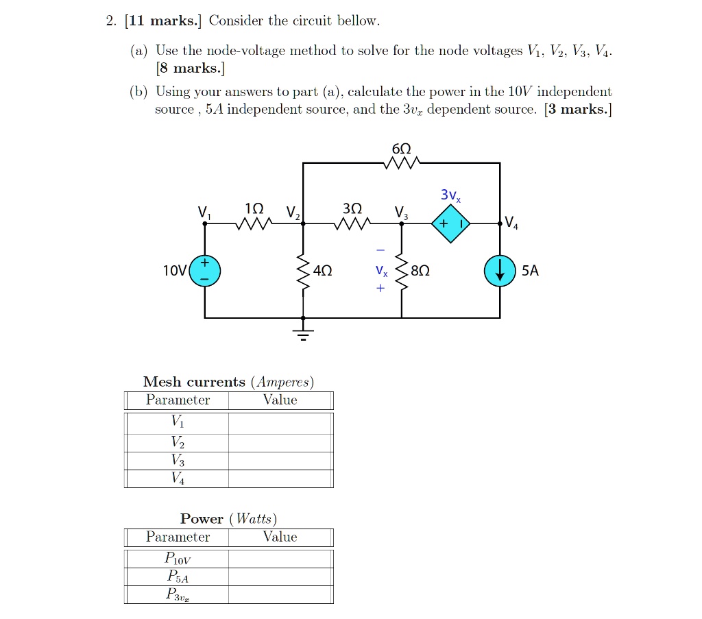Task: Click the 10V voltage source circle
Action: (204, 271)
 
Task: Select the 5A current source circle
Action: (500, 271)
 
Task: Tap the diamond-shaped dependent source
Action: (450, 223)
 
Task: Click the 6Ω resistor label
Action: (401, 149)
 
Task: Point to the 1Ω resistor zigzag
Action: (254, 223)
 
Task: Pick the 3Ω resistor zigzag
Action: (352, 223)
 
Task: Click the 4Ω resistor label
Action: (322, 270)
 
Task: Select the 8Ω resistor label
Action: (420, 270)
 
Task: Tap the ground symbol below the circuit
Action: (303, 333)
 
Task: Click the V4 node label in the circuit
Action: (511, 223)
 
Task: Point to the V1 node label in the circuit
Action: (204, 212)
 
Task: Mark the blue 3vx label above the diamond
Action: (450, 195)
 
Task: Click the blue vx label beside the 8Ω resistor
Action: (381, 270)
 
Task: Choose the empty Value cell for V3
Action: (280, 461)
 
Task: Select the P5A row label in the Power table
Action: (178, 576)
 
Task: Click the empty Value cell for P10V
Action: (280, 559)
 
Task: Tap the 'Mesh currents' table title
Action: (228, 382)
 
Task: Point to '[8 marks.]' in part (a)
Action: (191, 68)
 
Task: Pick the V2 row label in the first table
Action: (178, 442)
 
